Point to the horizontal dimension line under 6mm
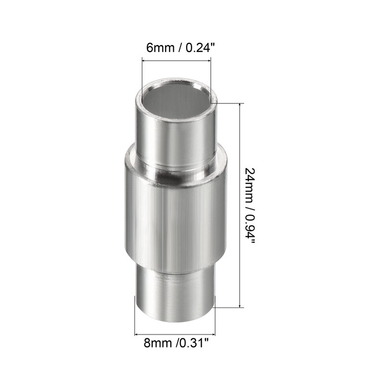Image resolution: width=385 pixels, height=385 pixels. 176,60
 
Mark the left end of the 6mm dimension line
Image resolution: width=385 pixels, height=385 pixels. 141,60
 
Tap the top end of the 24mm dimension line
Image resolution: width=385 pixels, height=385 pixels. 239,103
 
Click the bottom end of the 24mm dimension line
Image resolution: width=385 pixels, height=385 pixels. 239,307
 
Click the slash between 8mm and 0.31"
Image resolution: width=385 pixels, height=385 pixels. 178,344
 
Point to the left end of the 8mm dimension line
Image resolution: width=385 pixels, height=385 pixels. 135,333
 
